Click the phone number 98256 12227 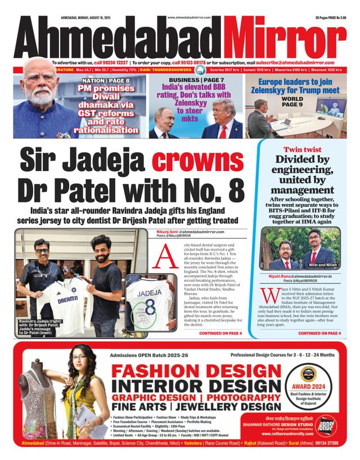111,62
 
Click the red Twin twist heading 302,150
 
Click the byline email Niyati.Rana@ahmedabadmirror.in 300,276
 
